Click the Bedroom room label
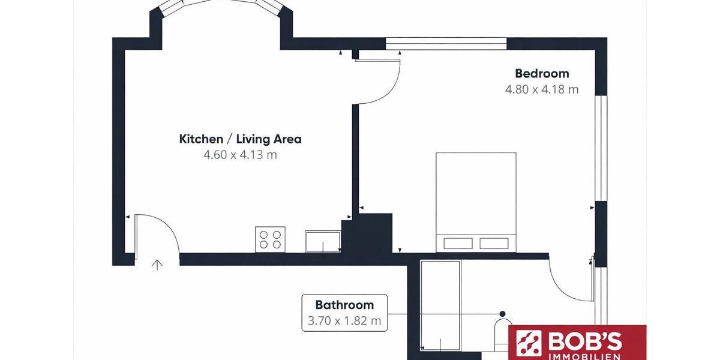[542, 74]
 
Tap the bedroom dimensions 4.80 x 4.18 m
[542, 89]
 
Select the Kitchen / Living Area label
[240, 139]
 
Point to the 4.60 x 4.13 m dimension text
[240, 155]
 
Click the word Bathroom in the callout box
[344, 305]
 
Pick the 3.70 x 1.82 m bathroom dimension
[344, 320]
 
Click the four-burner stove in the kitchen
[270, 239]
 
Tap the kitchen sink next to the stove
[322, 241]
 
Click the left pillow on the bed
[457, 243]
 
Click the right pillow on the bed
[494, 243]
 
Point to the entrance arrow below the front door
[158, 265]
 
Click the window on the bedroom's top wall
[446, 44]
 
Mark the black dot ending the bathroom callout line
[502, 313]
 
